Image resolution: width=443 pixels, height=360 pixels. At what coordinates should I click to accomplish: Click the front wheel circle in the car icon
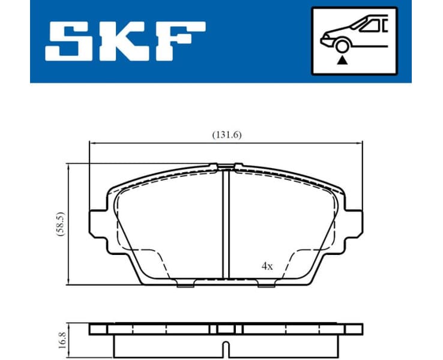(342, 46)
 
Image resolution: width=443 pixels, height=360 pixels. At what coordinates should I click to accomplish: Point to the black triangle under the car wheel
(342, 59)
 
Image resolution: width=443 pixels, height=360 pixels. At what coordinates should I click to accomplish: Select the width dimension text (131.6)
(226, 135)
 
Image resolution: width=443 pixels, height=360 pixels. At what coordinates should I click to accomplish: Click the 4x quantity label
(267, 266)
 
